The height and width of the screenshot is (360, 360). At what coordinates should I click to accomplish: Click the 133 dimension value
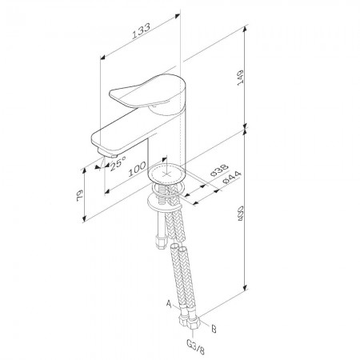pyautogui.click(x=142, y=31)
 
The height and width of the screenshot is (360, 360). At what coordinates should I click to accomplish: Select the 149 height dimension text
pyautogui.click(x=241, y=78)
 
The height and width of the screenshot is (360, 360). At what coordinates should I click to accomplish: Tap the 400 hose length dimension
pyautogui.click(x=241, y=213)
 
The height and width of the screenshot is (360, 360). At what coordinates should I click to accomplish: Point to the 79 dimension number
pyautogui.click(x=80, y=195)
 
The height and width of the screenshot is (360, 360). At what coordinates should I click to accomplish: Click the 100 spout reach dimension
pyautogui.click(x=138, y=169)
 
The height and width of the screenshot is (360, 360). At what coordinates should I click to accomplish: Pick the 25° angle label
pyautogui.click(x=118, y=162)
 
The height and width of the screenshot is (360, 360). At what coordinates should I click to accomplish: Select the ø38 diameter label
pyautogui.click(x=219, y=170)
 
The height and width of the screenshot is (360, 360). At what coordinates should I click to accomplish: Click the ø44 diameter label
pyautogui.click(x=232, y=178)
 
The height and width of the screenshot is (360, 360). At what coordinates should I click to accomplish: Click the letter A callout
pyautogui.click(x=169, y=303)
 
